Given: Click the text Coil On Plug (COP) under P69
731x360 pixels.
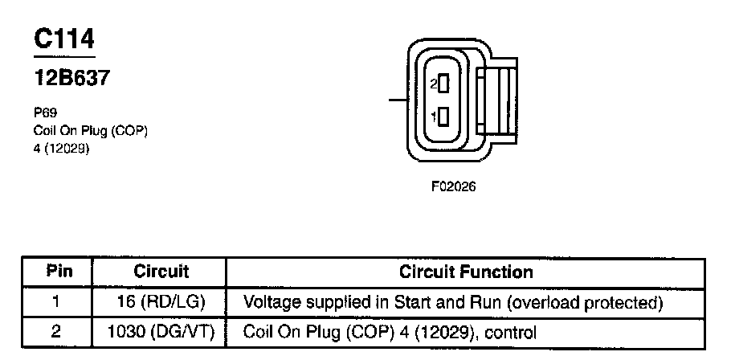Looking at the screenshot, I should coord(91,131).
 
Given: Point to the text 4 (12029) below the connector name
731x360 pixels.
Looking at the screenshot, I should coord(63,148).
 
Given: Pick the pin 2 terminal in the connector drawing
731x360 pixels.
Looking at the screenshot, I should coord(442,83).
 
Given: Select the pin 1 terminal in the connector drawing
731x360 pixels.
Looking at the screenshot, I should coord(442,117).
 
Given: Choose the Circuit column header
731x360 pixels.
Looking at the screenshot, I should coord(161,272).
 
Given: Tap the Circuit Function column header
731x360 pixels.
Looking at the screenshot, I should coord(466,272).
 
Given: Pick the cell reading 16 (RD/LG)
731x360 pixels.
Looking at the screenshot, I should coord(161,302).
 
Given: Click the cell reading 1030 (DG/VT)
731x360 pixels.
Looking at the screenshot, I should coord(161,331).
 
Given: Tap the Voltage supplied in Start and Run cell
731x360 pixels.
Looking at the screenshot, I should coord(452,302).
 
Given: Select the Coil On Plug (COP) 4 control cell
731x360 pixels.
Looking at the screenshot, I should coord(389,331).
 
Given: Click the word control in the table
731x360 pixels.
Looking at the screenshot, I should coord(512,331).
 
